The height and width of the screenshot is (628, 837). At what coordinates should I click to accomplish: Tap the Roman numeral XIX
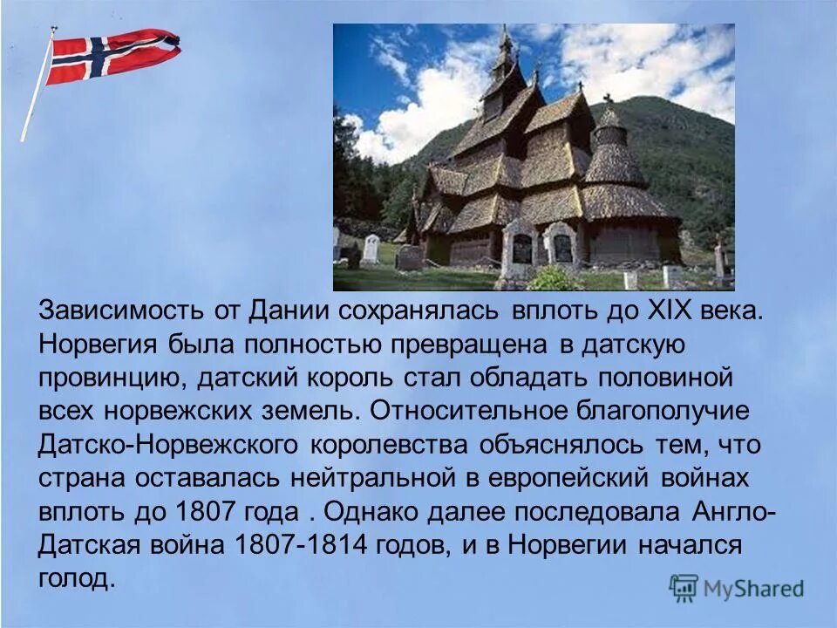(670, 311)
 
